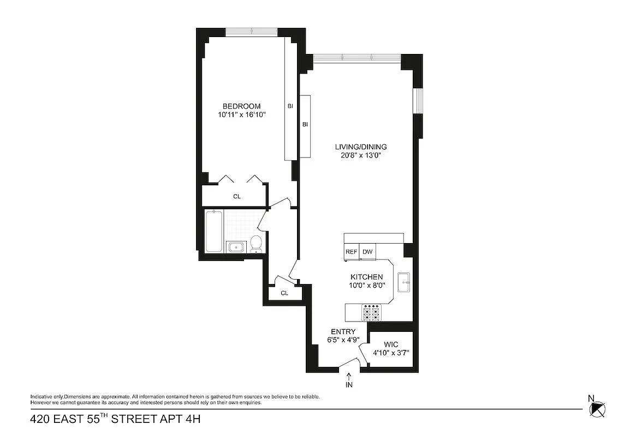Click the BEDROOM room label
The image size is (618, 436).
pyautogui.click(x=241, y=106)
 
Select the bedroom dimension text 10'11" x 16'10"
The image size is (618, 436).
pyautogui.click(x=241, y=115)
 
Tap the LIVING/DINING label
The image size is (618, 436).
pyautogui.click(x=361, y=147)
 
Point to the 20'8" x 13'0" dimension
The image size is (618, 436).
pyautogui.click(x=361, y=156)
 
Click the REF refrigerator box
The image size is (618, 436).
pyautogui.click(x=351, y=252)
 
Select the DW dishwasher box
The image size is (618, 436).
pyautogui.click(x=367, y=252)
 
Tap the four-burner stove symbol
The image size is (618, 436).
pyautogui.click(x=371, y=312)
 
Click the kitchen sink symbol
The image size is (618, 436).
pyautogui.click(x=405, y=282)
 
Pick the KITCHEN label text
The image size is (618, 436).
pyautogui.click(x=366, y=277)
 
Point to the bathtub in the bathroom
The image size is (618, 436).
pyautogui.click(x=214, y=232)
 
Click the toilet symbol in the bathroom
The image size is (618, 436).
pyautogui.click(x=256, y=244)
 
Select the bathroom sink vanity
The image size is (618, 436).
pyautogui.click(x=236, y=247)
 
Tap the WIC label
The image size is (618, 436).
pyautogui.click(x=391, y=344)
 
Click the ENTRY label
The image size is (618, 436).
pyautogui.click(x=343, y=331)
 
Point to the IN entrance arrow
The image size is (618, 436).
pyautogui.click(x=349, y=378)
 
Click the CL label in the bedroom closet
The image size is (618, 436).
pyautogui.click(x=237, y=196)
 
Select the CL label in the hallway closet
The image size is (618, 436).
pyautogui.click(x=284, y=293)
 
